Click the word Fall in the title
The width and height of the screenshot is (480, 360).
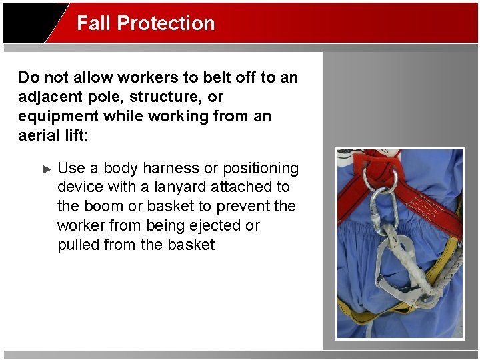pos(93,23)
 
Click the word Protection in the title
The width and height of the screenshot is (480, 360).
pos(165,23)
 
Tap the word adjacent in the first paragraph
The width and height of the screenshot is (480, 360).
pos(52,97)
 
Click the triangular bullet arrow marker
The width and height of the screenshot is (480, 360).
pos(47,169)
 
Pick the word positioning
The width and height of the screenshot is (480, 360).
pos(261,168)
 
